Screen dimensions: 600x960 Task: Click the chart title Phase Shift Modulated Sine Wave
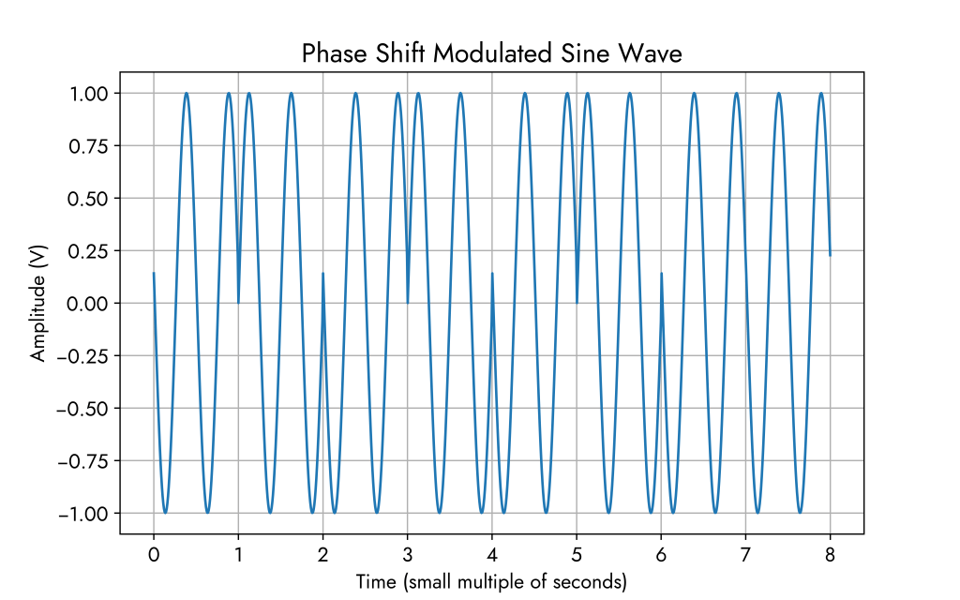pos(491,54)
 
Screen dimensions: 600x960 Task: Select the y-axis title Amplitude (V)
pos(38,303)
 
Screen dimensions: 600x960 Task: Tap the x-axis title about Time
pos(491,582)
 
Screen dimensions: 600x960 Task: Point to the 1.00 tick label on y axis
pos(89,94)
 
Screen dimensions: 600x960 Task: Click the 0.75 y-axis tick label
pos(89,146)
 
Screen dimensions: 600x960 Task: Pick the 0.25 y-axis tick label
pos(89,251)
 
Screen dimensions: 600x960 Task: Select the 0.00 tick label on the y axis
pos(89,304)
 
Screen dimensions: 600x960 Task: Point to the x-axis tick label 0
pos(154,555)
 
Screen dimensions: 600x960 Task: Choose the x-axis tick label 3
pos(408,555)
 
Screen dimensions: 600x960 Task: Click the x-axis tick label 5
pos(577,555)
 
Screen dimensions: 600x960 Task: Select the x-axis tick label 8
pos(831,555)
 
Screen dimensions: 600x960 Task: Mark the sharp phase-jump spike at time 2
pos(323,274)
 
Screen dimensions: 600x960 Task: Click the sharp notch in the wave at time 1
pos(238,302)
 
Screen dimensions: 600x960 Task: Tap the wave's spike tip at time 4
pos(492,274)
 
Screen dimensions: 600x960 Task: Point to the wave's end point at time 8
pos(831,255)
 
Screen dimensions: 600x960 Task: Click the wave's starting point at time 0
pos(154,274)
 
